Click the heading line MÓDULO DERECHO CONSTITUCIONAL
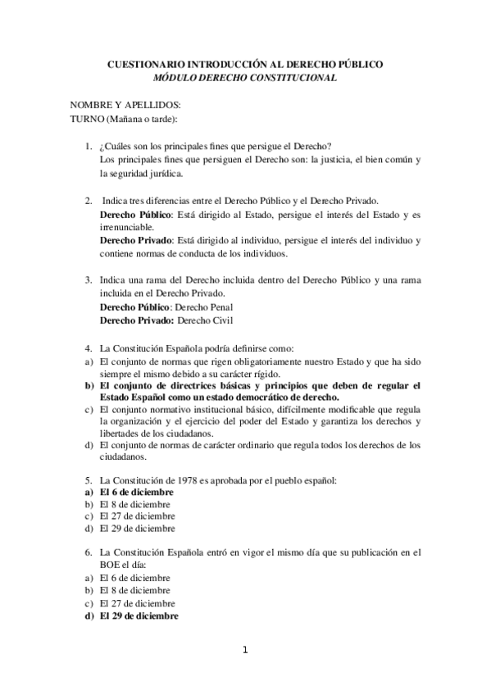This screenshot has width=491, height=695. (x=245, y=78)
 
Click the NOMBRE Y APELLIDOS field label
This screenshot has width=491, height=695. (x=125, y=106)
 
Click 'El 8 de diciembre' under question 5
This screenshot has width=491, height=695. (x=135, y=504)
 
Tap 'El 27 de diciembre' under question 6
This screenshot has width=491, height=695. (x=138, y=603)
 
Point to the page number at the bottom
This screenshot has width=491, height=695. (x=244, y=651)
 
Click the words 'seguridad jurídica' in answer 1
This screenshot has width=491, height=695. (x=142, y=173)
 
